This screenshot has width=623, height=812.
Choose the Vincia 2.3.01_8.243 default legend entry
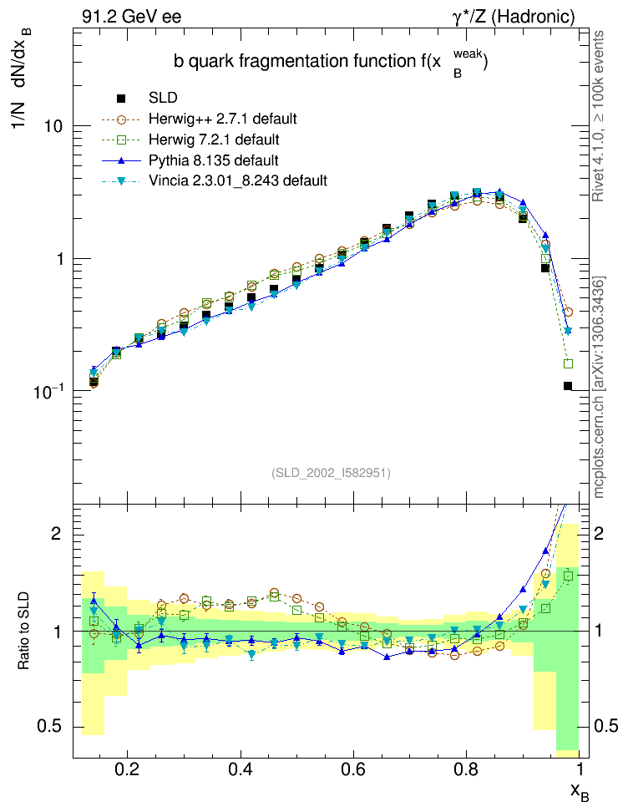point(237,180)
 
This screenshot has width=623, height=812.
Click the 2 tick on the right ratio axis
point(595,533)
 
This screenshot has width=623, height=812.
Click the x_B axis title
point(579,792)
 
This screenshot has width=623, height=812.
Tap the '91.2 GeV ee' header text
point(132,16)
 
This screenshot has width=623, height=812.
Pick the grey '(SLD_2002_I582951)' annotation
point(331,473)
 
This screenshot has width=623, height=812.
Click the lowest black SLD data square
point(568,386)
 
